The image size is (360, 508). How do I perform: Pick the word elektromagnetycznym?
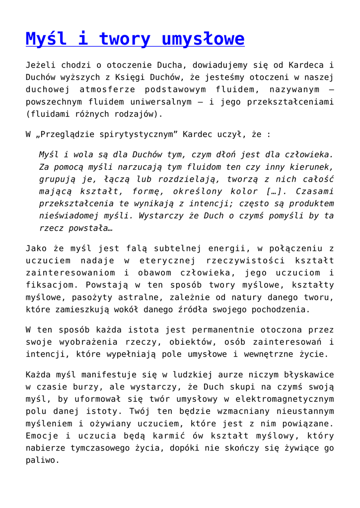272,399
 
